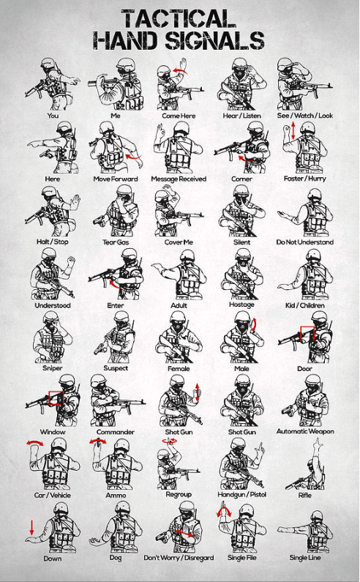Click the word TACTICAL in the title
[x=179, y=19]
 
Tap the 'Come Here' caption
[x=179, y=116]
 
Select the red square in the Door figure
[x=307, y=333]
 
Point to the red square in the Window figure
[x=56, y=398]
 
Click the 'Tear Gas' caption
[x=116, y=242]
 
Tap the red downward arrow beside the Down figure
[x=31, y=527]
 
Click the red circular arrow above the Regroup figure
[x=170, y=441]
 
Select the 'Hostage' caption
[x=241, y=305]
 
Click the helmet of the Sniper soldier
[x=50, y=316]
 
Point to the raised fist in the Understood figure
[x=71, y=261]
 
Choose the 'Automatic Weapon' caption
[x=305, y=431]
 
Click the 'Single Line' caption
[x=305, y=558]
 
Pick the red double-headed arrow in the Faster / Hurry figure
[x=293, y=131]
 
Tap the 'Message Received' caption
[x=179, y=179]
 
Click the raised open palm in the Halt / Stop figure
[x=75, y=201]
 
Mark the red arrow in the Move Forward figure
[x=134, y=157]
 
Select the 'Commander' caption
[x=116, y=432]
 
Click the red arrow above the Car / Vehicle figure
[x=34, y=442]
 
